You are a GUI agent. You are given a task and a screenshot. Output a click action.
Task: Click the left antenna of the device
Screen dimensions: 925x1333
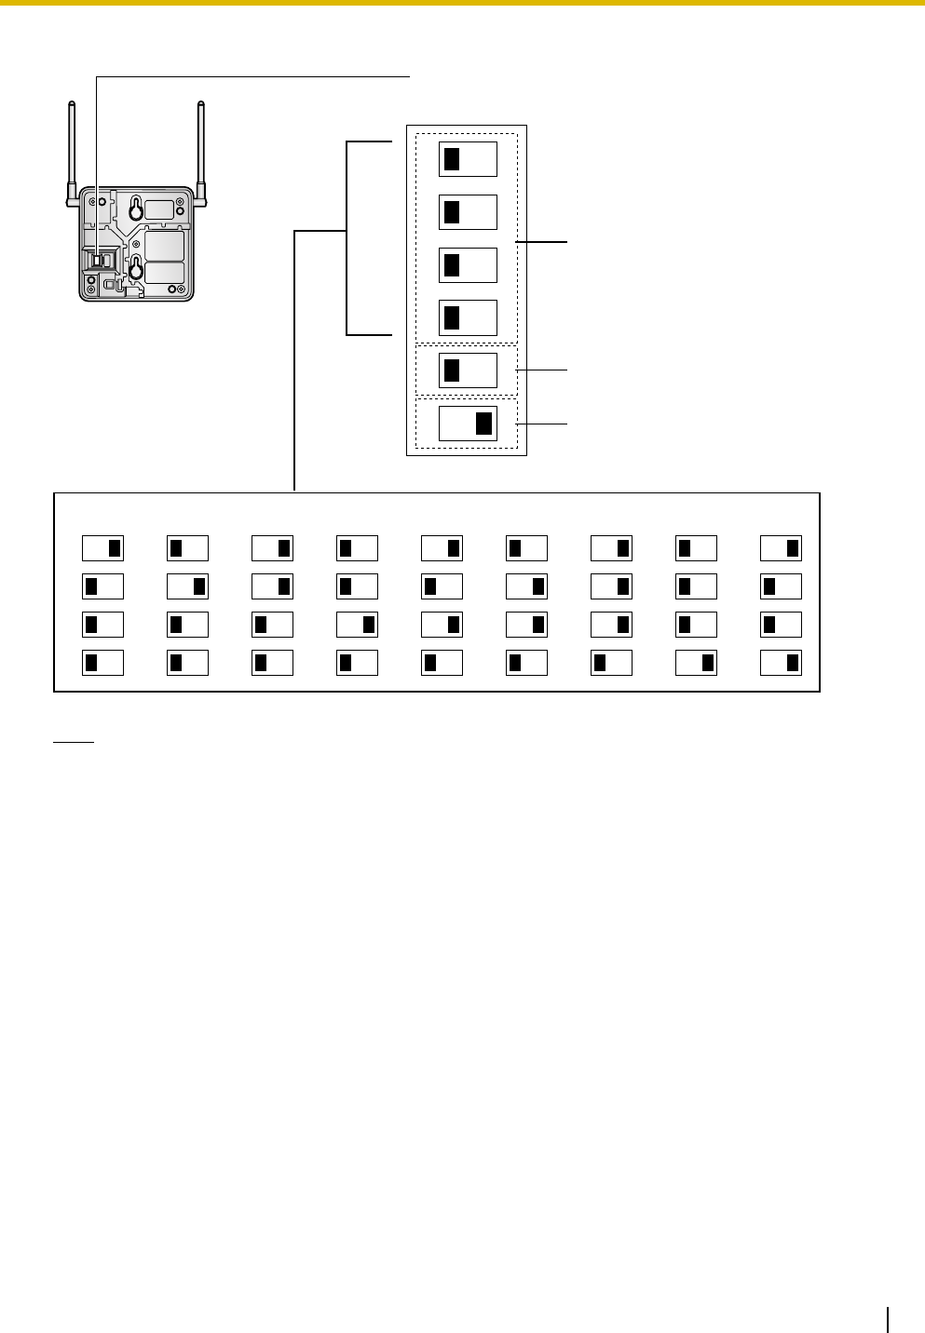[x=72, y=149]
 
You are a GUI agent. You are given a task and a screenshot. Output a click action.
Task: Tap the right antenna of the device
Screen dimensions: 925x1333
[x=199, y=149]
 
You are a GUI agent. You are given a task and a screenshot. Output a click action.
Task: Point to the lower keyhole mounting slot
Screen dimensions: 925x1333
[x=136, y=269]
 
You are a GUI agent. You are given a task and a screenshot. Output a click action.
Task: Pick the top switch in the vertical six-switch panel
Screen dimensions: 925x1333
[x=468, y=160]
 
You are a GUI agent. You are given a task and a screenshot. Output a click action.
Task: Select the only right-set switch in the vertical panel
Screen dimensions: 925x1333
[x=468, y=424]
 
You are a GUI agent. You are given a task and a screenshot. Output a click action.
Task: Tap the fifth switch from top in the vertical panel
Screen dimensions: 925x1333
[x=468, y=370]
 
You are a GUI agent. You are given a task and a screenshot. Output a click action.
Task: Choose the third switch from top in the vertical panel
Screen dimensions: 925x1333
[x=468, y=265]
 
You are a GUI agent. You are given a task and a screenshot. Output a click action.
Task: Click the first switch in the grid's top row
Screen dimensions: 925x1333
[x=103, y=547]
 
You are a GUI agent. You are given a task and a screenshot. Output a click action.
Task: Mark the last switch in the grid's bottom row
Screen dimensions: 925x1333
[x=781, y=663]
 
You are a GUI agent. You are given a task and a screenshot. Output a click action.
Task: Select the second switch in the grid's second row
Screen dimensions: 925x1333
[x=187, y=586]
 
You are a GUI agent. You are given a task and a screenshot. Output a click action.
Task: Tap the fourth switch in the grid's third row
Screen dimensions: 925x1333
[x=357, y=625]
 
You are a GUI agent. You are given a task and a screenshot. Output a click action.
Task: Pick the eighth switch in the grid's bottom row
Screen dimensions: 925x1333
[x=696, y=663]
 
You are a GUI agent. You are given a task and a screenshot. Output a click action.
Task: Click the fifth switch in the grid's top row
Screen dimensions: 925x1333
[x=442, y=547]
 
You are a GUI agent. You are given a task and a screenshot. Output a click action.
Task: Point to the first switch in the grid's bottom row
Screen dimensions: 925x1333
[x=103, y=663]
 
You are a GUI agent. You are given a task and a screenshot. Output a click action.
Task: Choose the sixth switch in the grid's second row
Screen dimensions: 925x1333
[x=526, y=586]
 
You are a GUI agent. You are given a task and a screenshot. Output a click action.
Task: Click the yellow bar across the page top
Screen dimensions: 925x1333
[x=462, y=4]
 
